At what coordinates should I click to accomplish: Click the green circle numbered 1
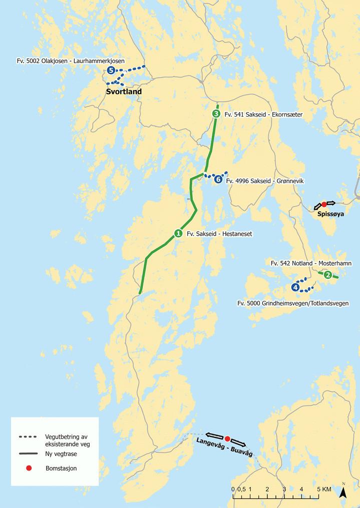click(x=178, y=233)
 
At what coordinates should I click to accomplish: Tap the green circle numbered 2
click(x=327, y=274)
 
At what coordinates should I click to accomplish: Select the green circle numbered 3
click(x=216, y=114)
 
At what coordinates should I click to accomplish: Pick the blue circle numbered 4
click(x=295, y=287)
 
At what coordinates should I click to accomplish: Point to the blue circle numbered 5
click(x=111, y=71)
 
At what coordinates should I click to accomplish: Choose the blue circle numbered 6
click(x=218, y=179)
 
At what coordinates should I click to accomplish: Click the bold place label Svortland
click(x=123, y=92)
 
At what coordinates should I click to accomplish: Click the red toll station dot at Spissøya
click(x=324, y=204)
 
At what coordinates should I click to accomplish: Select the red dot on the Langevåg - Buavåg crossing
click(x=227, y=438)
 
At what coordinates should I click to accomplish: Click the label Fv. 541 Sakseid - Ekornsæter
click(x=264, y=115)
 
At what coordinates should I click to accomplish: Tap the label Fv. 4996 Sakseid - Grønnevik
click(x=265, y=181)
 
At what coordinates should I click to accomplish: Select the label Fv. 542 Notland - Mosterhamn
click(x=311, y=263)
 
